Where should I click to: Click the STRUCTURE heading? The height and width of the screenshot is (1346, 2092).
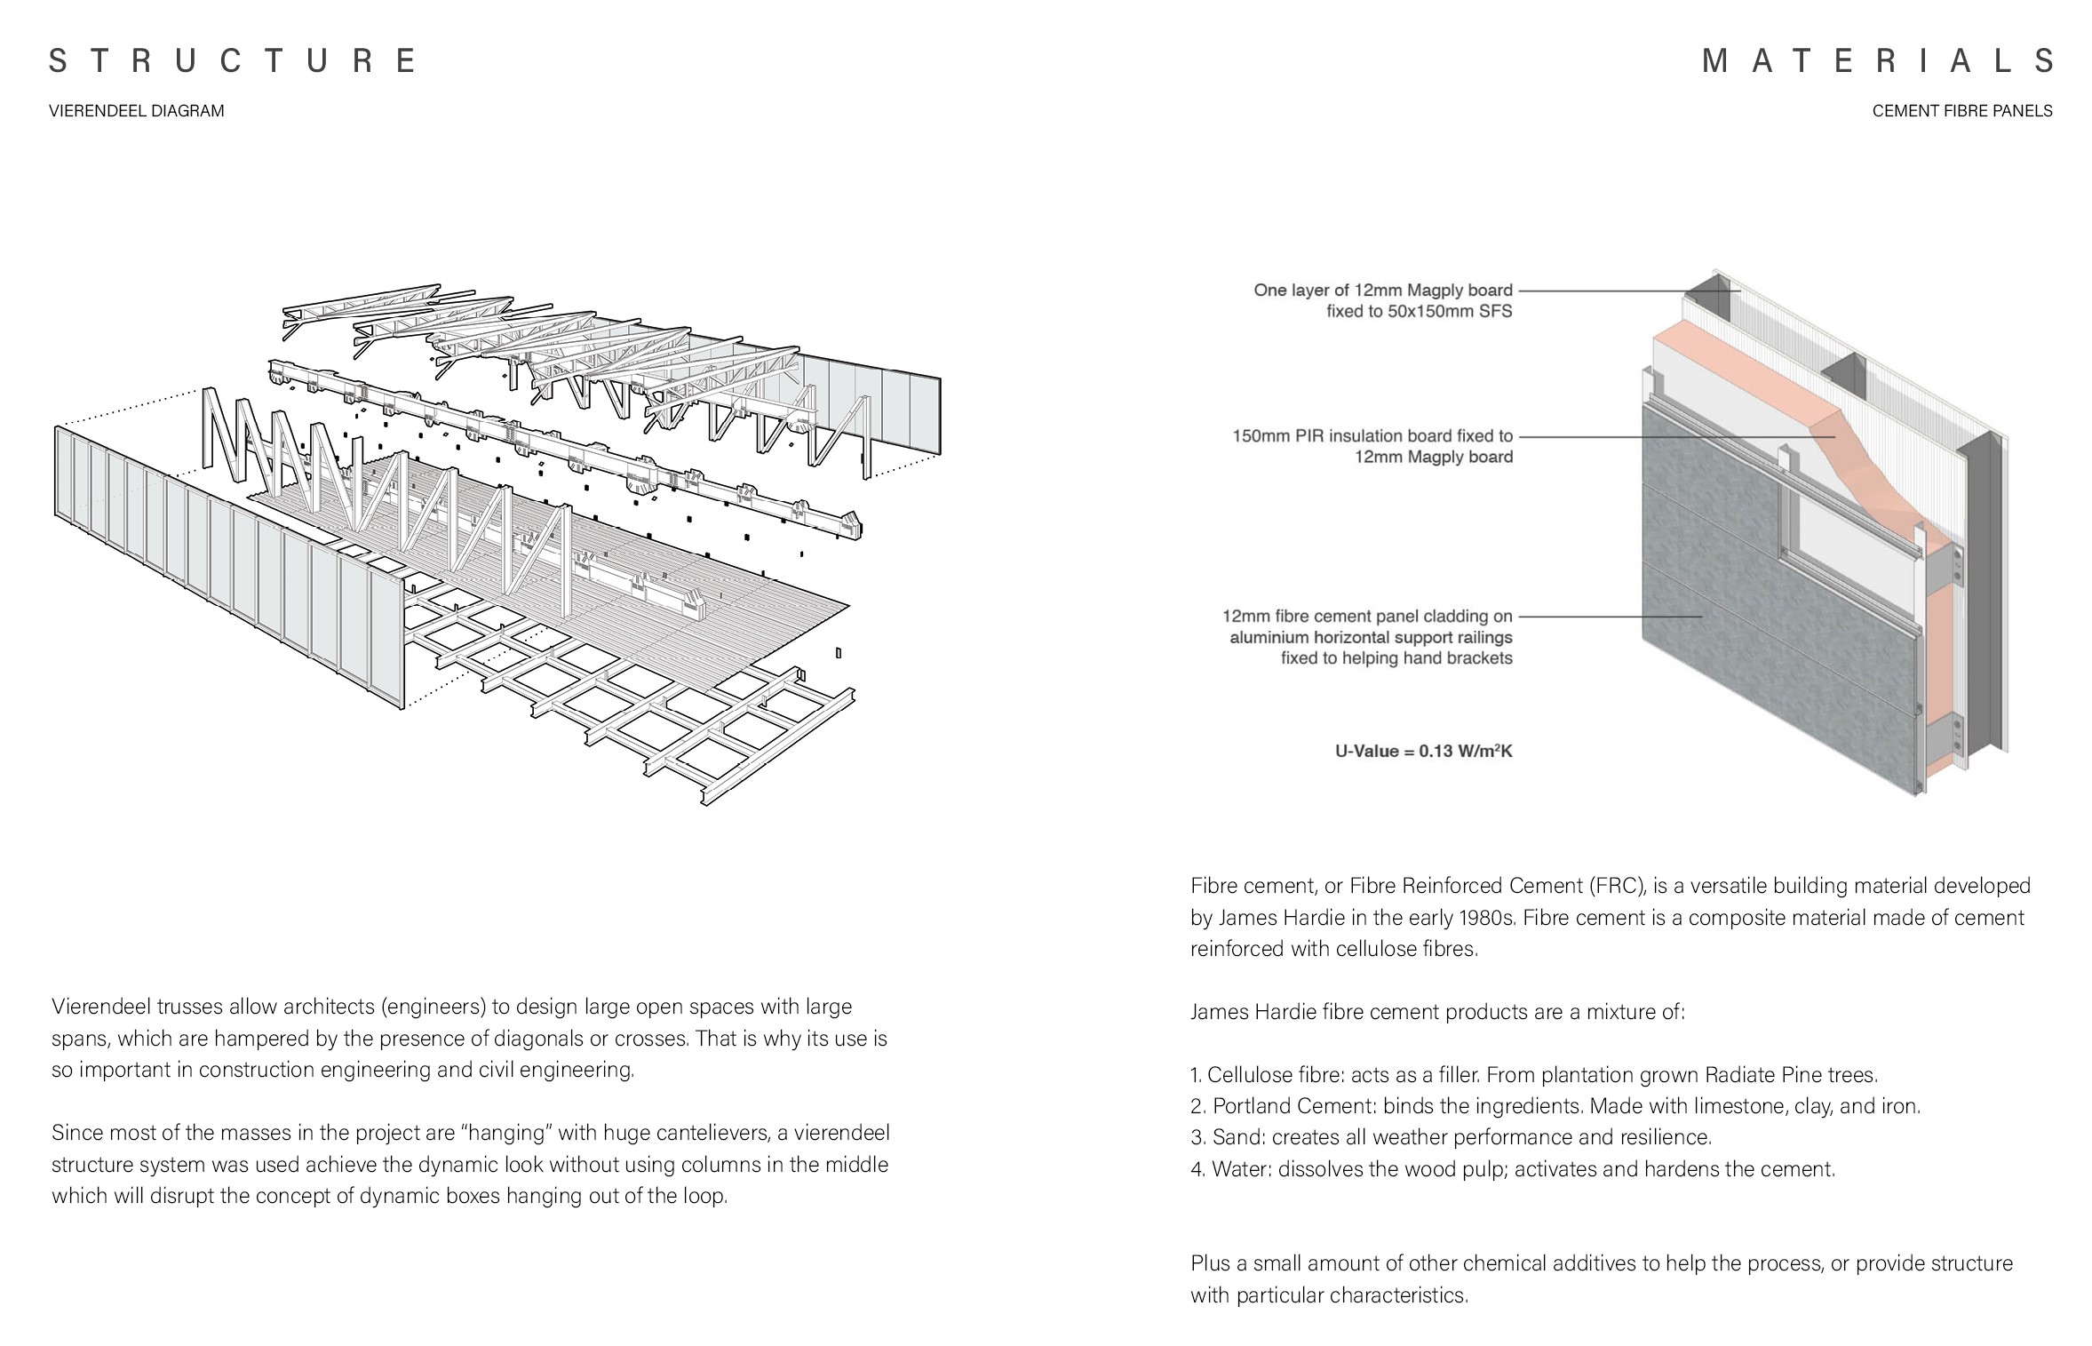232,60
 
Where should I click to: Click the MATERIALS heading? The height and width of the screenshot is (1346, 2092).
1876,60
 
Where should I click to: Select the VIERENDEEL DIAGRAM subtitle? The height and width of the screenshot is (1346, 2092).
137,111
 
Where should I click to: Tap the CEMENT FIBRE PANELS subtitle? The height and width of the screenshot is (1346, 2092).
1961,111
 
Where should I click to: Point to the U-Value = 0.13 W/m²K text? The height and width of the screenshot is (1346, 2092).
1423,751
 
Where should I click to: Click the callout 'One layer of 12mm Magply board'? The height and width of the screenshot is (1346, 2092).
1382,291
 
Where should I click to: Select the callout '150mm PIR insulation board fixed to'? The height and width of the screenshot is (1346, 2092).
1372,436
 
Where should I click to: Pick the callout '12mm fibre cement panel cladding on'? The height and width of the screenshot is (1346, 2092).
1366,616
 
